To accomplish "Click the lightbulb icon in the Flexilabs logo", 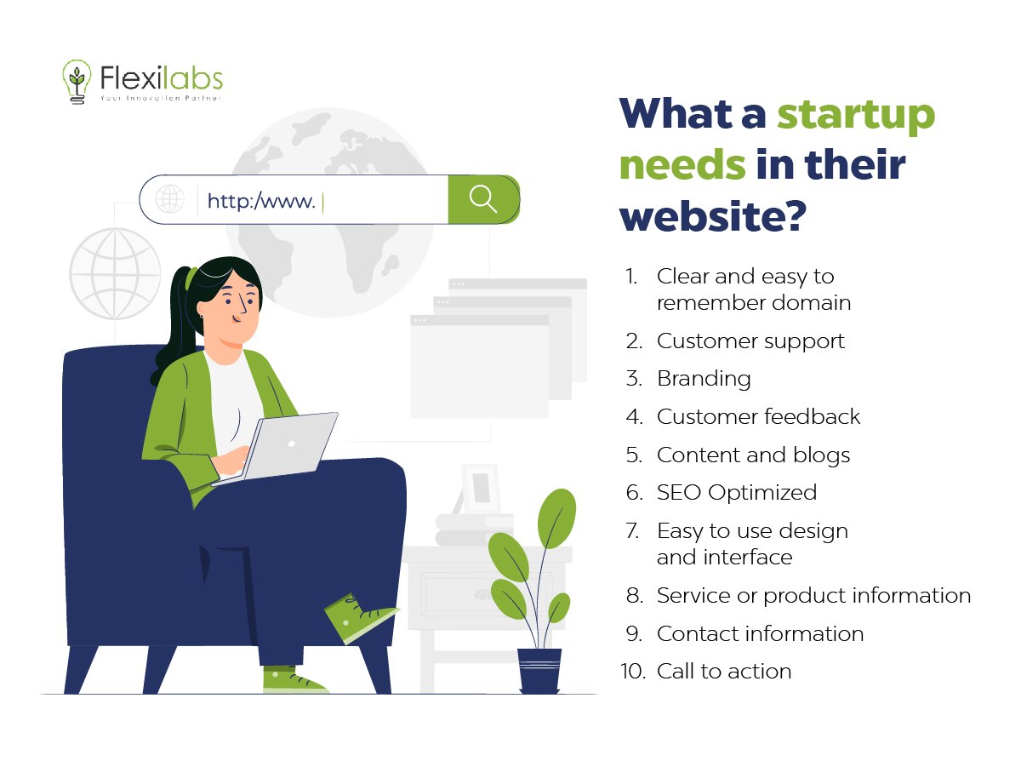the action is pyautogui.click(x=77, y=82).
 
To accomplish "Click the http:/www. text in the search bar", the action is pyautogui.click(x=261, y=201).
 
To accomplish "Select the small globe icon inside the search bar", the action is pyautogui.click(x=170, y=198).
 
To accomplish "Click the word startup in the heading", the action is pyautogui.click(x=856, y=114).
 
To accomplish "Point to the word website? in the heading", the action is pyautogui.click(x=713, y=215).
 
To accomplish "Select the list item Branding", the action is pyautogui.click(x=704, y=378).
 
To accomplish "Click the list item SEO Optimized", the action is pyautogui.click(x=737, y=492).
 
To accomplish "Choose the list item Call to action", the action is pyautogui.click(x=724, y=671).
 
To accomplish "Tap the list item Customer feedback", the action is pyautogui.click(x=758, y=416).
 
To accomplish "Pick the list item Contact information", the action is pyautogui.click(x=760, y=633).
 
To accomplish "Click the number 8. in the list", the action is pyautogui.click(x=635, y=595).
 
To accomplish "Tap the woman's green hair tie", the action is pyautogui.click(x=191, y=278).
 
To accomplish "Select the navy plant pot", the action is pyautogui.click(x=539, y=671).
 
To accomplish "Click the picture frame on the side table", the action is pyautogui.click(x=481, y=488).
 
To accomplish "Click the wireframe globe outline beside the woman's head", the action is pyautogui.click(x=115, y=273).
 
